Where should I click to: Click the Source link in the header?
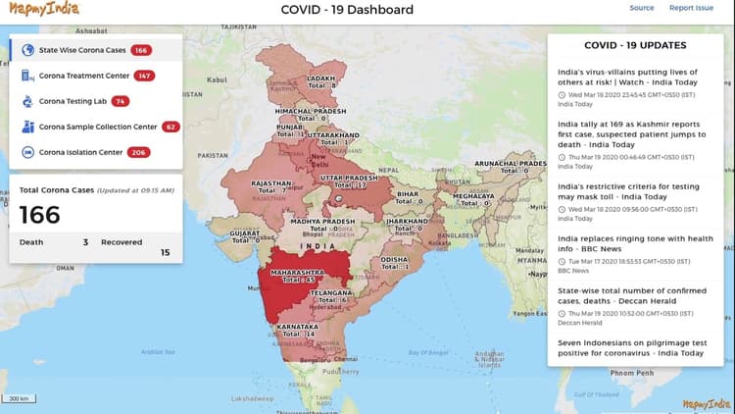tap(642, 8)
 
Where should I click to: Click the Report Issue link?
tap(691, 8)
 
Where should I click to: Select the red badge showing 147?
tap(145, 76)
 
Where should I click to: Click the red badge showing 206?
tap(138, 152)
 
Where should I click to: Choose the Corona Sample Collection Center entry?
tap(97, 127)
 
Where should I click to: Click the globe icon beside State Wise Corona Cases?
tap(27, 49)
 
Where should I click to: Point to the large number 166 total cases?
tap(40, 215)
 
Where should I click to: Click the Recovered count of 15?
tap(165, 253)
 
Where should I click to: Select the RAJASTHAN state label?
tap(270, 182)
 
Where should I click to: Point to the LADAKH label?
tap(320, 78)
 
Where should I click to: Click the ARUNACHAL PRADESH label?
tap(509, 164)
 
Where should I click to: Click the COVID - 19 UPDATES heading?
tap(635, 45)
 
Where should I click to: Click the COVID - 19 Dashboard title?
tap(347, 10)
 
